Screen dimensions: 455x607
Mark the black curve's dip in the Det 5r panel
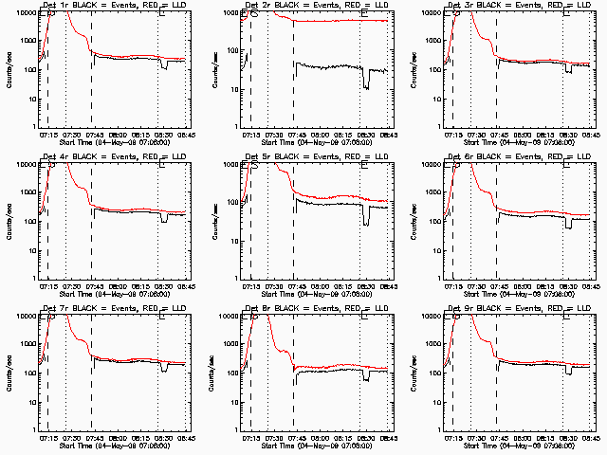[x=366, y=220]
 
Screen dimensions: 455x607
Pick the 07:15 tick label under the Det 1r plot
[x=48, y=135]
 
